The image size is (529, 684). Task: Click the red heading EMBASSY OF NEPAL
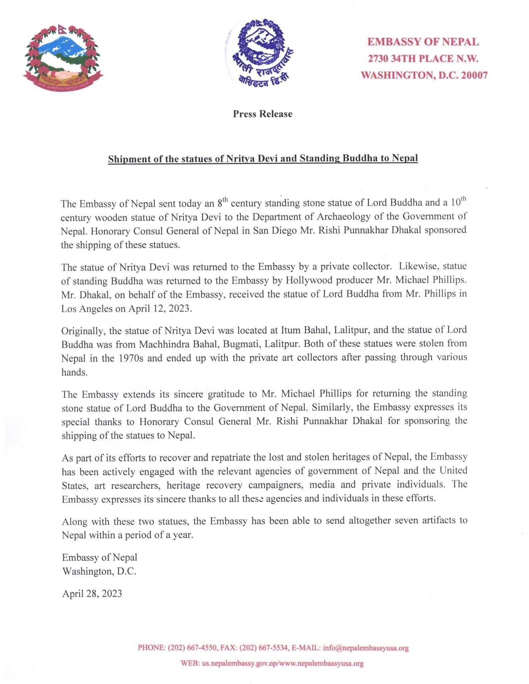423,42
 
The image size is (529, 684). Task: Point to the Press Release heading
263,114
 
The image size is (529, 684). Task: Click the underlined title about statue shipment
263,158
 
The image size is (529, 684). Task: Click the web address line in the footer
272,664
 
